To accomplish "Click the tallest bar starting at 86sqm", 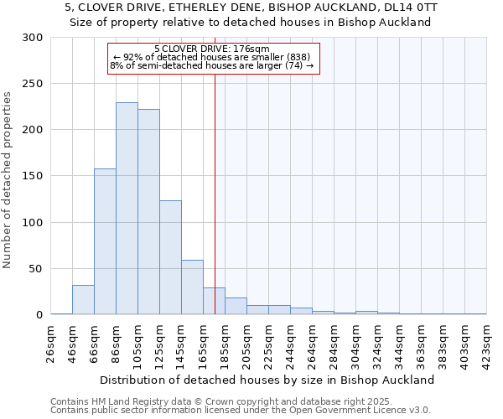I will pos(127,209).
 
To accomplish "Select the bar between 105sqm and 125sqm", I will pos(148,212).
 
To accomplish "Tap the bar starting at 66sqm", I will pos(105,241).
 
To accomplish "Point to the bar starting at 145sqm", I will pos(192,287).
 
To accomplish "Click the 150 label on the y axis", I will pos(32,177).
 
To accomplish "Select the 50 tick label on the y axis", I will pos(35,269).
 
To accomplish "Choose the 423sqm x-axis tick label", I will pos(487,344).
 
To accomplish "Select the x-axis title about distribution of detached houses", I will pos(268,380).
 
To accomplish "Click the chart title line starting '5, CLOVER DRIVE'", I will pos(251,8).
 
